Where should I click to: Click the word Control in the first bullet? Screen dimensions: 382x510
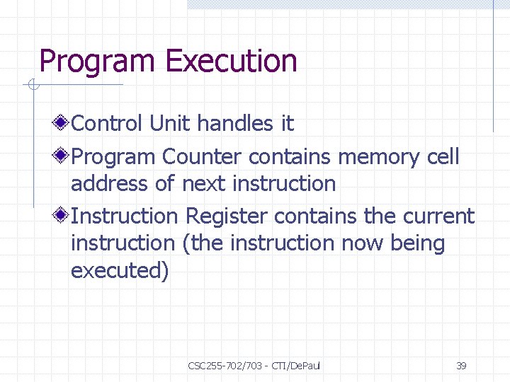(108, 124)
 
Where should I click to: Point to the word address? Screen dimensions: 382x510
(109, 184)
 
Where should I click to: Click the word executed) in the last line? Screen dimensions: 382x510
(120, 272)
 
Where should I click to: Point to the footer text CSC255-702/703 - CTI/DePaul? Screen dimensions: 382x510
(254, 366)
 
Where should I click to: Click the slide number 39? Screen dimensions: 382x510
(461, 366)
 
